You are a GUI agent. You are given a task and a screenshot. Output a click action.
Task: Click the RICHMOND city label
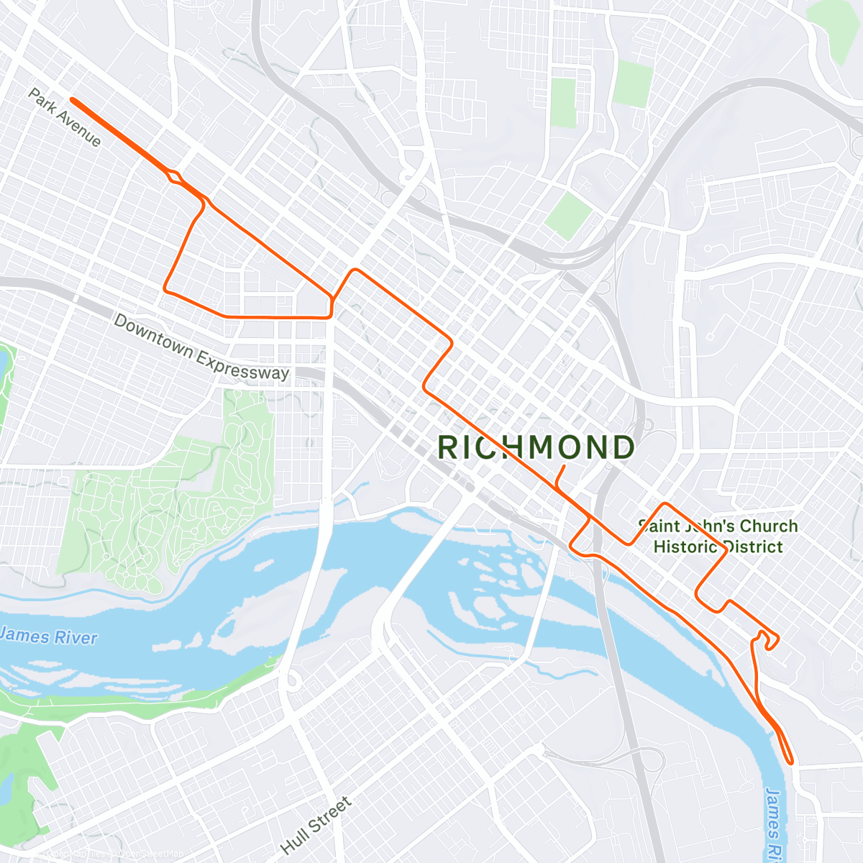[536, 447]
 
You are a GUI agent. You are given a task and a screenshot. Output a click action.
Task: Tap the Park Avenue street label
[65, 117]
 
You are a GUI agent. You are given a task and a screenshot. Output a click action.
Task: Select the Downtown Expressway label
[201, 347]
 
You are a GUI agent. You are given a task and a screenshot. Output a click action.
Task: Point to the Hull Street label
[316, 825]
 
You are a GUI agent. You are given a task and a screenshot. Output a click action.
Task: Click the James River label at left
[48, 636]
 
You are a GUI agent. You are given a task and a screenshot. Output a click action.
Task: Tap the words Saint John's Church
[718, 526]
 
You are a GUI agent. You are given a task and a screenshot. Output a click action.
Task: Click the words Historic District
[718, 547]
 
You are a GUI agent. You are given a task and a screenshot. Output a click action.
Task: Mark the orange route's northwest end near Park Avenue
[73, 100]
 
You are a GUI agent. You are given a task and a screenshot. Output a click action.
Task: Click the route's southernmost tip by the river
[791, 761]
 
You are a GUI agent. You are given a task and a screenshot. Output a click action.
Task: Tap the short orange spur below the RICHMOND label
[560, 477]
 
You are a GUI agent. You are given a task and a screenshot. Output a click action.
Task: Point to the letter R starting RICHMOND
[448, 447]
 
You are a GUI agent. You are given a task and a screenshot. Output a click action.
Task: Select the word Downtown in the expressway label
[154, 335]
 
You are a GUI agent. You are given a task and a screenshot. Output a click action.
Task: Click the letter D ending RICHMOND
[623, 447]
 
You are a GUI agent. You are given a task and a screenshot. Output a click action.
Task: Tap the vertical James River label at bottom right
[773, 823]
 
